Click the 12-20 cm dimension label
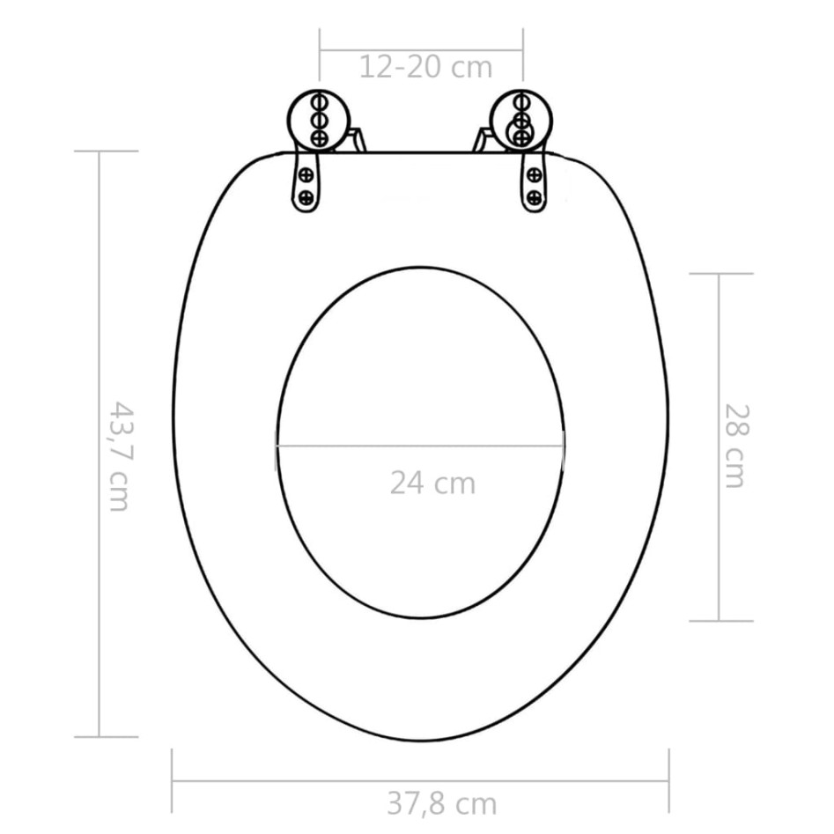pyautogui.click(x=424, y=67)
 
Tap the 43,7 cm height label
pyautogui.click(x=118, y=455)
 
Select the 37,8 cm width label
pyautogui.click(x=441, y=803)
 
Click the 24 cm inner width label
pyautogui.click(x=432, y=483)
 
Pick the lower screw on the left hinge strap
pyautogui.click(x=306, y=196)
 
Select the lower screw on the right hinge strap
pyautogui.click(x=533, y=196)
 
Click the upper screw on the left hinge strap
pyautogui.click(x=306, y=173)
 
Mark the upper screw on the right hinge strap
pyautogui.click(x=533, y=173)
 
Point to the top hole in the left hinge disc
pyautogui.click(x=320, y=100)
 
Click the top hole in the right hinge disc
pyautogui.click(x=522, y=100)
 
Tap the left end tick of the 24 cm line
pyautogui.click(x=277, y=445)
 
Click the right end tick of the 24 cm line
pyautogui.click(x=565, y=445)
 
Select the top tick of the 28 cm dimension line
pyautogui.click(x=720, y=274)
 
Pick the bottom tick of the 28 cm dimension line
pyautogui.click(x=720, y=621)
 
